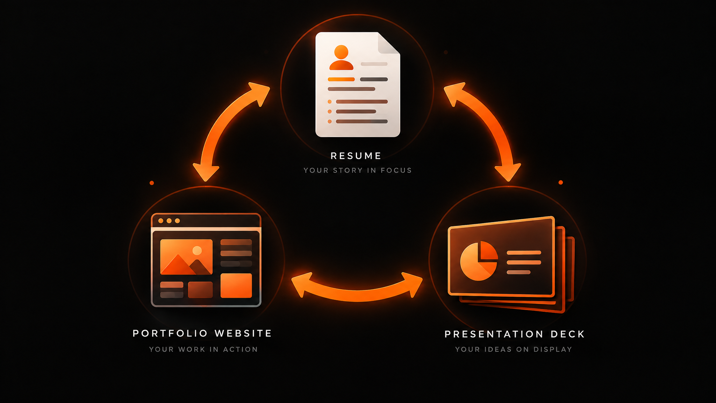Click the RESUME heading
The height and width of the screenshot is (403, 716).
pos(356,156)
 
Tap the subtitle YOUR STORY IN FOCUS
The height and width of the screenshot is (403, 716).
pos(358,170)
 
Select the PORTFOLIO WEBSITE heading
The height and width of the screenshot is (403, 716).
pos(202,333)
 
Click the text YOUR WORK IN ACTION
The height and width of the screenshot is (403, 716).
pos(203,349)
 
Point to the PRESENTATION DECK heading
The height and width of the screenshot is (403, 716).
pos(515,334)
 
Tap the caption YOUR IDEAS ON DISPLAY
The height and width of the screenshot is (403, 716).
pos(514,349)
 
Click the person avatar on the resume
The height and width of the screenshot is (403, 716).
pos(341,57)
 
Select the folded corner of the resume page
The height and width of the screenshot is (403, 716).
pos(389,43)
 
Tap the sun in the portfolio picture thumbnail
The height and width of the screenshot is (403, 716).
pos(197,250)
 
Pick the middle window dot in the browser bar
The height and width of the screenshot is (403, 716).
pos(169,221)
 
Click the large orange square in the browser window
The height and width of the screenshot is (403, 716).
pos(236,285)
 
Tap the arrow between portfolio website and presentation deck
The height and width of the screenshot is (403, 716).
pos(357,295)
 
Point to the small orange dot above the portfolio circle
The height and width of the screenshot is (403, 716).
pos(152,183)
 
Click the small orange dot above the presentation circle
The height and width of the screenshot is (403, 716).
pos(561,182)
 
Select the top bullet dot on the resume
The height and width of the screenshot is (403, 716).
pos(330,102)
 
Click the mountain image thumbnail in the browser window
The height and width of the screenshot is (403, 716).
pos(186,257)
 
